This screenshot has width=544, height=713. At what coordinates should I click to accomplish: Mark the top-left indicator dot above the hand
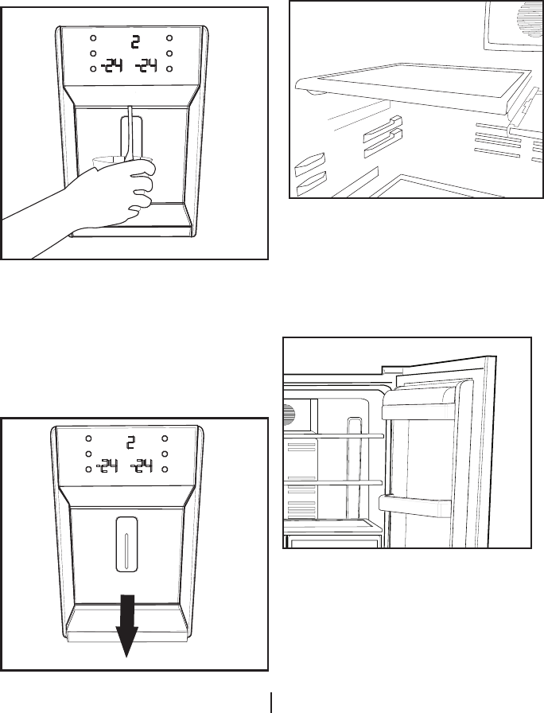[92, 39]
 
